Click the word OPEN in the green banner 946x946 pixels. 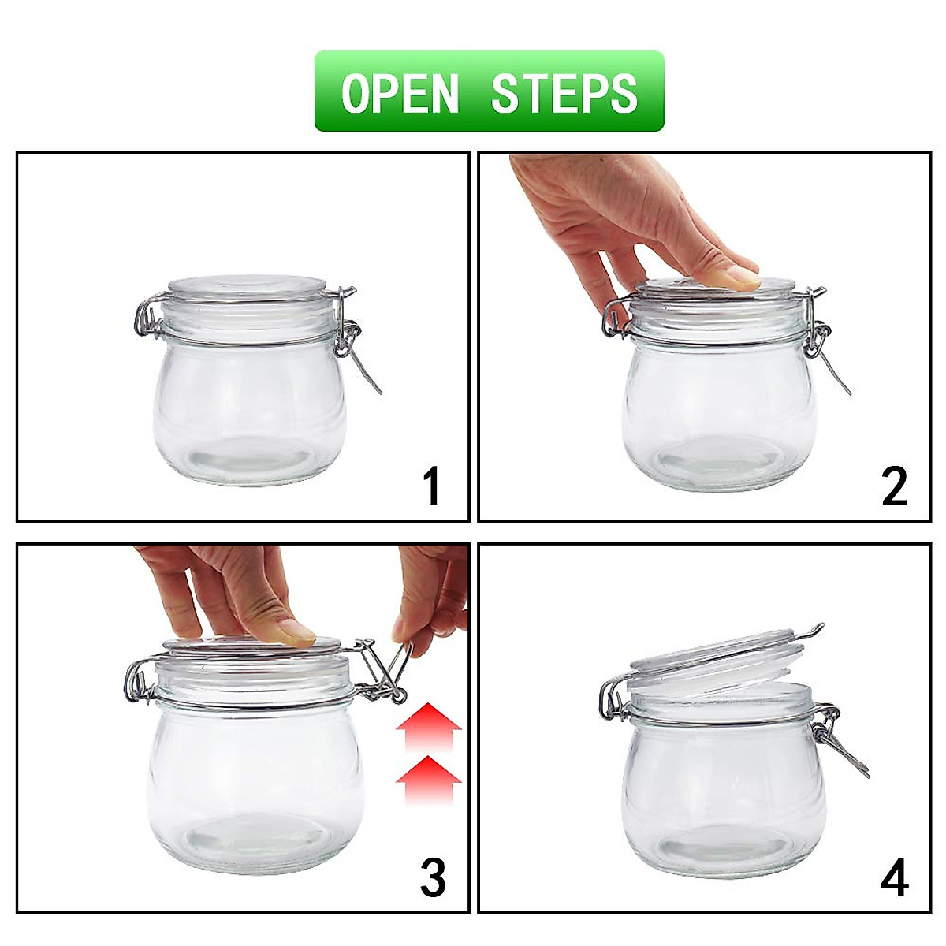(400, 93)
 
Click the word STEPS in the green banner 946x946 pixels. (564, 93)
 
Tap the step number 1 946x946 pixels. (431, 486)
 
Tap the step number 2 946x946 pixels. (894, 486)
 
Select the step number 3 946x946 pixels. (432, 877)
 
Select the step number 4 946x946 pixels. (894, 877)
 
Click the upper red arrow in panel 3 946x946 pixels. (428, 723)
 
